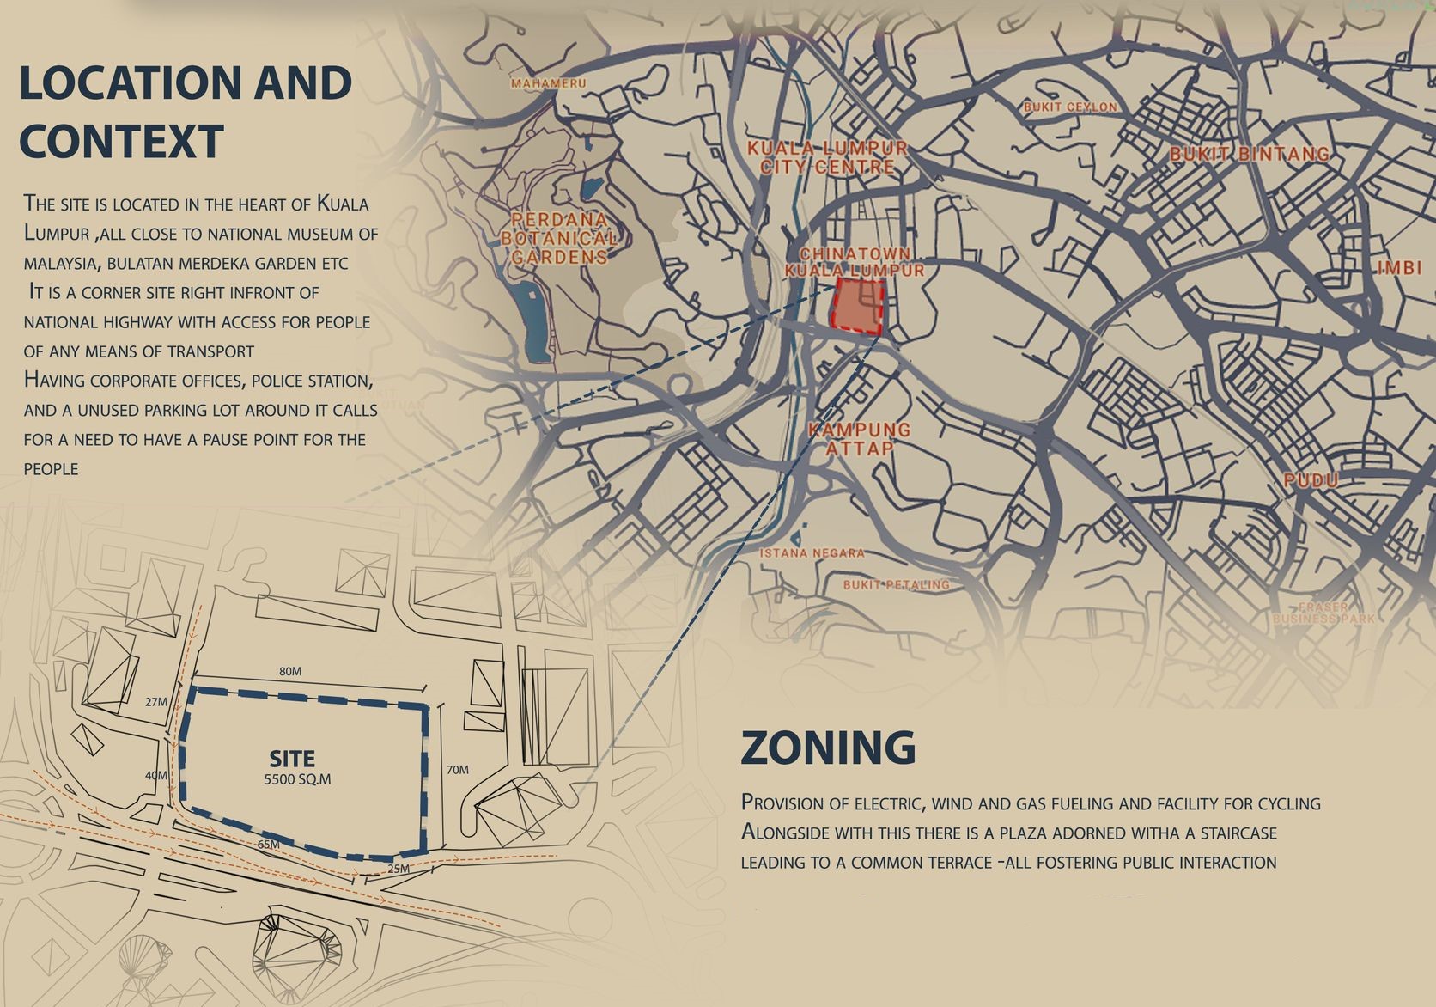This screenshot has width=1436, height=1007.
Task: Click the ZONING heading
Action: pyautogui.click(x=828, y=748)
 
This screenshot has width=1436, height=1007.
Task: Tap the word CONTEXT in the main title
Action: pyautogui.click(x=121, y=142)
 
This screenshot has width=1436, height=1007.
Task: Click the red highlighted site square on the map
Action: pyautogui.click(x=858, y=307)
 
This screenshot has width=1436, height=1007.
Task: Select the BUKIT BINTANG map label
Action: pyautogui.click(x=1250, y=155)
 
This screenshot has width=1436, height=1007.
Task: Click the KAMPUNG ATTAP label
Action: pyautogui.click(x=860, y=438)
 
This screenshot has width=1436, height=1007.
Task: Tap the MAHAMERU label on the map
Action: pyautogui.click(x=548, y=84)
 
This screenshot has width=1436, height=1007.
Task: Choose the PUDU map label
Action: pyautogui.click(x=1311, y=480)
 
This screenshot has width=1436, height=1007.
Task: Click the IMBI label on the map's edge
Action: pyautogui.click(x=1400, y=268)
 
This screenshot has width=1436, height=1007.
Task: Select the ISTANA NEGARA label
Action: pyautogui.click(x=812, y=553)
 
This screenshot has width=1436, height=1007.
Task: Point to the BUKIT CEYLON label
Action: pyautogui.click(x=1070, y=107)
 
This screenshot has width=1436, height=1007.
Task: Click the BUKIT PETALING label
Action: pyautogui.click(x=896, y=585)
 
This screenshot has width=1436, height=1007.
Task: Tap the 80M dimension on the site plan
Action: pyautogui.click(x=290, y=672)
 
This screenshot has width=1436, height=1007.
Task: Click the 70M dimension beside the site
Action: pyautogui.click(x=458, y=770)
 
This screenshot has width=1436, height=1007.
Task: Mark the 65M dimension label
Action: pyautogui.click(x=269, y=845)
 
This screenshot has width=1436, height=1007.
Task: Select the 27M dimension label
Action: pyautogui.click(x=156, y=702)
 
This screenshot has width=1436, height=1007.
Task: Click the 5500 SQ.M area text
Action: pyautogui.click(x=297, y=780)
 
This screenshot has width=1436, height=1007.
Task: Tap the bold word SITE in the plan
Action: pyautogui.click(x=292, y=759)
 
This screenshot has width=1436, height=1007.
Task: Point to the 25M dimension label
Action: pyautogui.click(x=399, y=869)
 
